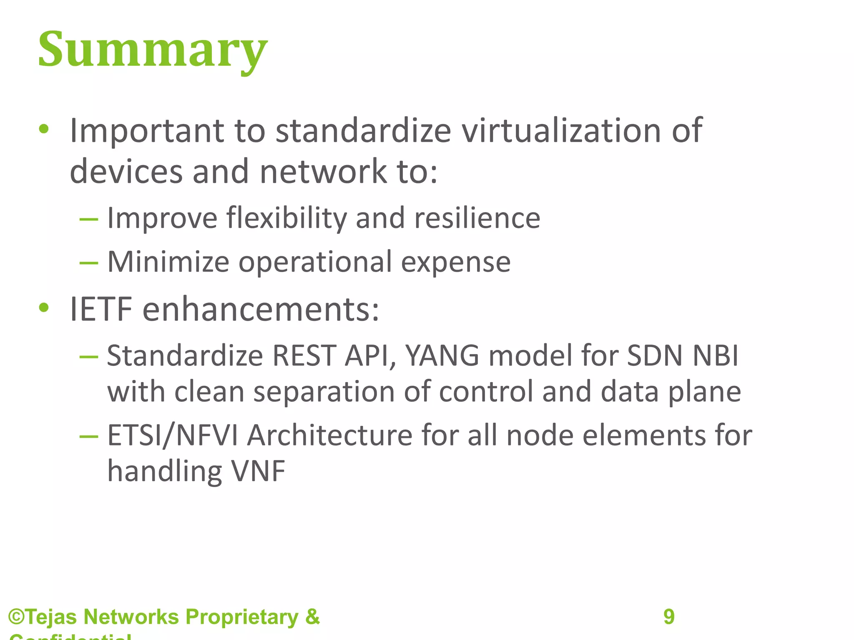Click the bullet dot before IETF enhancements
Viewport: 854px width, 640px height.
point(44,308)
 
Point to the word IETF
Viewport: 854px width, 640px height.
point(100,309)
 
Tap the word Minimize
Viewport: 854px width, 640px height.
point(168,262)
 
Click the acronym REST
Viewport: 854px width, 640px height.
point(304,356)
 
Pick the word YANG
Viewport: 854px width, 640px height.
point(442,356)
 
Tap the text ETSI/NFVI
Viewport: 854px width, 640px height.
point(173,435)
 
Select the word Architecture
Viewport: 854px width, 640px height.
point(329,435)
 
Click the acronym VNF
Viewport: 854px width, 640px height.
point(258,472)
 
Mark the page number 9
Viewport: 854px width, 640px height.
point(669,617)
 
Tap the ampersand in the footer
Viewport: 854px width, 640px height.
point(312,617)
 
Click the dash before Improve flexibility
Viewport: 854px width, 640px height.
point(89,219)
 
